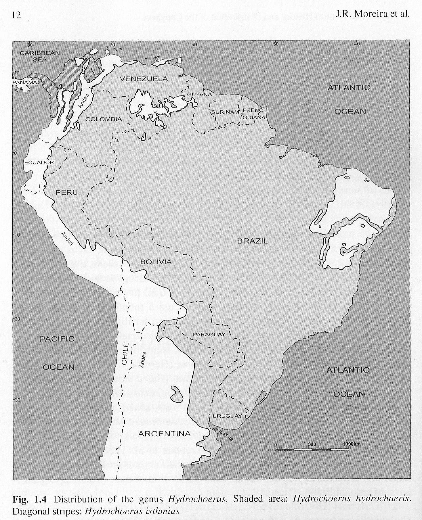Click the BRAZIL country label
click(252, 241)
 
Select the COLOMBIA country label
click(104, 119)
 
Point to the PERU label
click(67, 192)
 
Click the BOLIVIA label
click(156, 262)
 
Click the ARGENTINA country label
click(164, 434)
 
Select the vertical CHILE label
click(125, 354)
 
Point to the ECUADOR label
click(39, 162)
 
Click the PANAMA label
click(25, 82)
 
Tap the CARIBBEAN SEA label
click(40, 56)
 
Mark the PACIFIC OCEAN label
click(57, 353)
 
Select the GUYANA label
click(199, 95)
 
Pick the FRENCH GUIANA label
click(255, 114)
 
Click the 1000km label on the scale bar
click(351, 444)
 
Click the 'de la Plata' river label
click(222, 434)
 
